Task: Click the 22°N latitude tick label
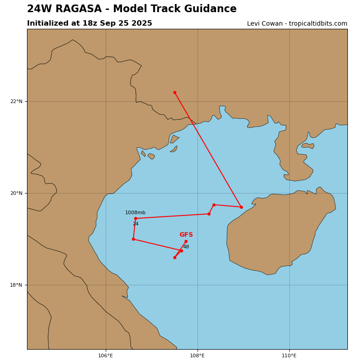click(x=16, y=101)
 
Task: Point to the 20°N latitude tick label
click(x=16, y=193)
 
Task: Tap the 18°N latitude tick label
click(x=16, y=285)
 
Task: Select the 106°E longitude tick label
click(x=106, y=355)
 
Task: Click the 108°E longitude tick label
click(x=198, y=355)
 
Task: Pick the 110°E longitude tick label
click(x=289, y=355)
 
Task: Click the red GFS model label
click(x=186, y=235)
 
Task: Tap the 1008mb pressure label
click(x=135, y=213)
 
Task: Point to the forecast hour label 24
click(x=135, y=224)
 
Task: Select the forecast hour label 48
click(x=186, y=247)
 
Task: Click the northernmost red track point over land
click(x=175, y=92)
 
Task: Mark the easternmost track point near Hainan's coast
click(x=241, y=207)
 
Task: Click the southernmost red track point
click(x=175, y=257)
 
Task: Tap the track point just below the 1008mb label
click(x=135, y=218)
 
